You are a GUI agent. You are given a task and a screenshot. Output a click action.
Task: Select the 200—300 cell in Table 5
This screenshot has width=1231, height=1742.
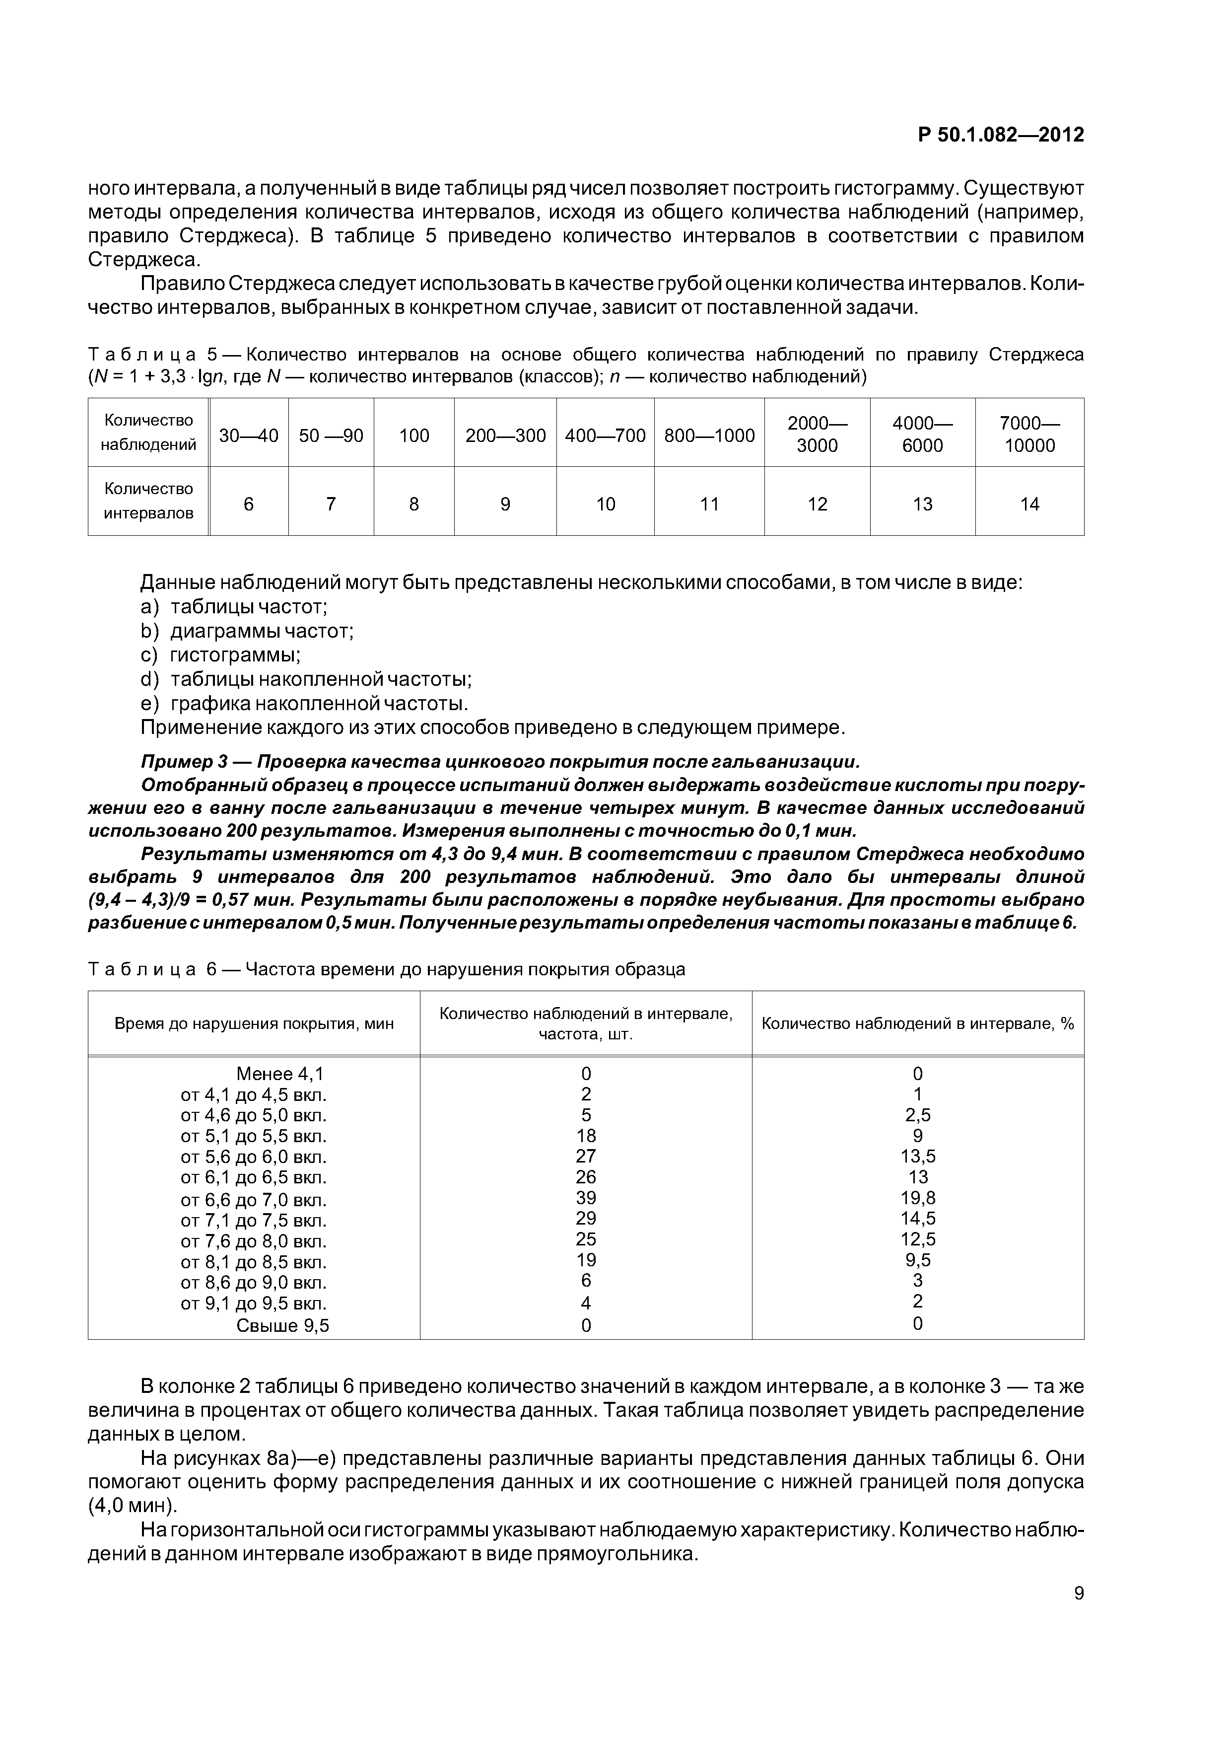pyautogui.click(x=505, y=435)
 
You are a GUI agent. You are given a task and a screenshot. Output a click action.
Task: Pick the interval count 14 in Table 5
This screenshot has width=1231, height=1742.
pyautogui.click(x=1029, y=505)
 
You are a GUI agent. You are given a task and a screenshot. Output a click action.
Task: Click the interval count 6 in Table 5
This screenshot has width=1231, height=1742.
pyautogui.click(x=248, y=505)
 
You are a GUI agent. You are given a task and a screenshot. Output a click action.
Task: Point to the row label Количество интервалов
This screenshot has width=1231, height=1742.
pyautogui.click(x=148, y=501)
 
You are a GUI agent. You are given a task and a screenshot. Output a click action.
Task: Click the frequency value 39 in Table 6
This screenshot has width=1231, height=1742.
pyautogui.click(x=586, y=1198)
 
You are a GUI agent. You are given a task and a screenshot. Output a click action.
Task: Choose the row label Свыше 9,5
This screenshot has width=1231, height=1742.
pyautogui.click(x=282, y=1325)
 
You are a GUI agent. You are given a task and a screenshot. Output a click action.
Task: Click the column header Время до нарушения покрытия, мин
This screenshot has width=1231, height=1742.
pyautogui.click(x=254, y=1023)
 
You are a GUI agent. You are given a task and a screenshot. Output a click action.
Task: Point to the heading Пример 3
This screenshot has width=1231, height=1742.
pyautogui.click(x=194, y=762)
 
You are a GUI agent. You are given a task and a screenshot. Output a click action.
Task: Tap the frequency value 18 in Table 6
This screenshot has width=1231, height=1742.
pyautogui.click(x=586, y=1136)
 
